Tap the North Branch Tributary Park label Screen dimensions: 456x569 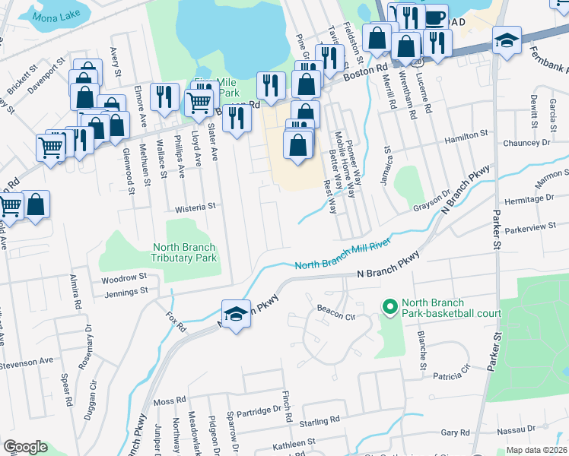coord(184,252)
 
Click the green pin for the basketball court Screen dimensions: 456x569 coord(390,307)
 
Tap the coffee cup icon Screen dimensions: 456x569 coord(436,17)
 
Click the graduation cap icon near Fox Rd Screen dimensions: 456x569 coord(237,314)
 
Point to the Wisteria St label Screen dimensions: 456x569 coord(196,205)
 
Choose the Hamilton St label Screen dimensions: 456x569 coord(466,134)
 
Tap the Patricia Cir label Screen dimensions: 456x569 coord(450,374)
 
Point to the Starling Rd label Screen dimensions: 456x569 coord(319,421)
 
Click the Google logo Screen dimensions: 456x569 coord(24,447)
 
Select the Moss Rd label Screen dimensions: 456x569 coord(170,400)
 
